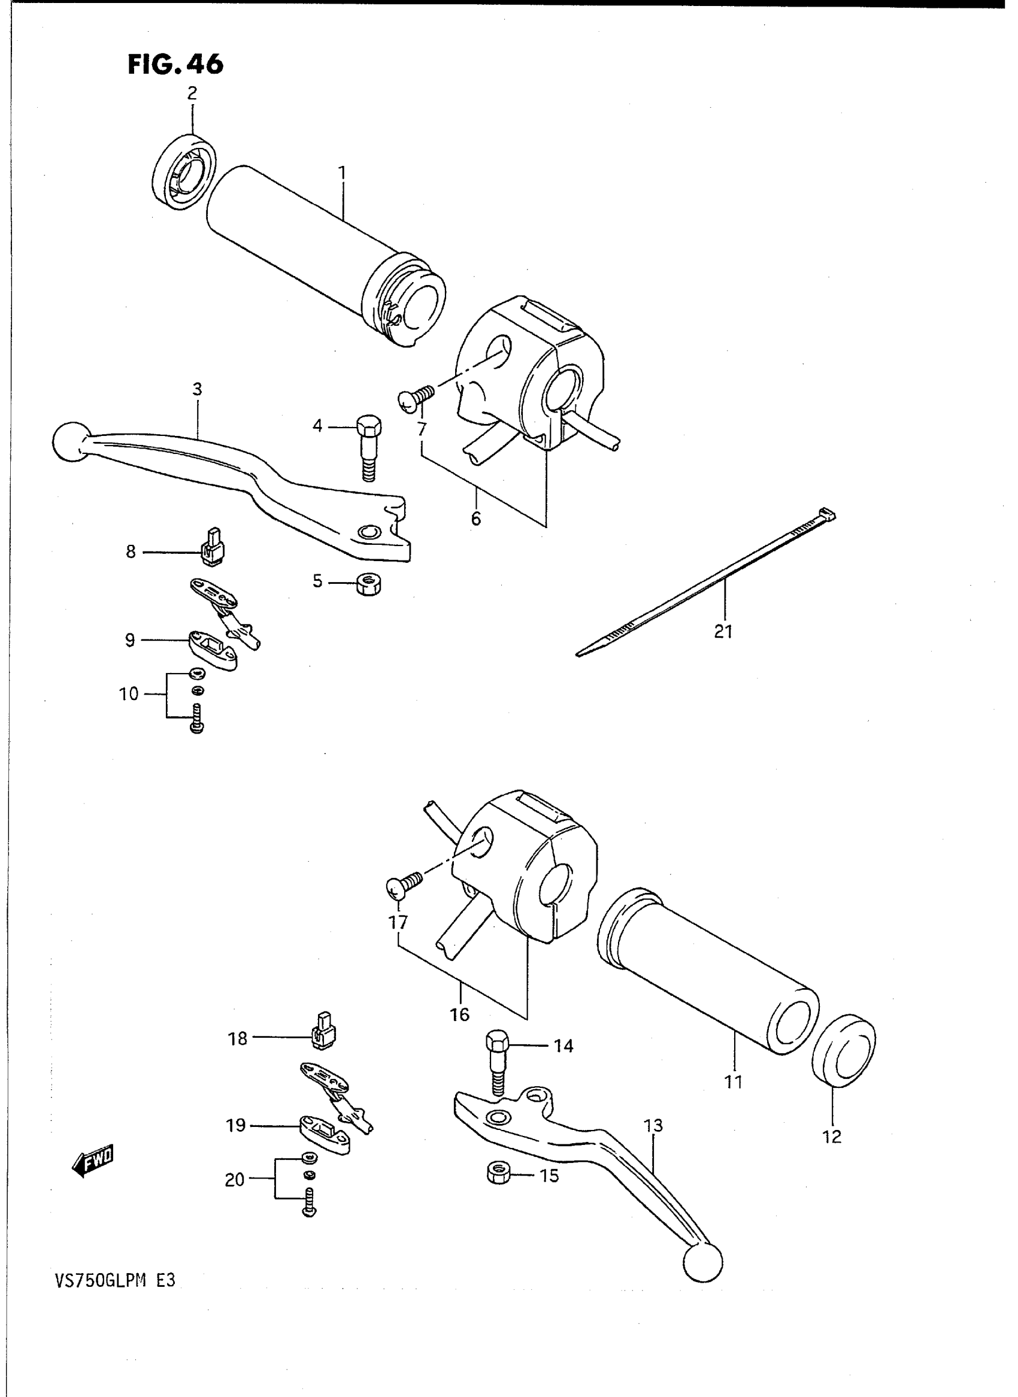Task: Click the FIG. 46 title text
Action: (x=175, y=64)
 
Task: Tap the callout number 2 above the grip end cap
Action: (x=192, y=93)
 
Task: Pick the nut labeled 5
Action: (x=369, y=583)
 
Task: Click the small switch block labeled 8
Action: (x=213, y=547)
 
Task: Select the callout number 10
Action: (x=129, y=694)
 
